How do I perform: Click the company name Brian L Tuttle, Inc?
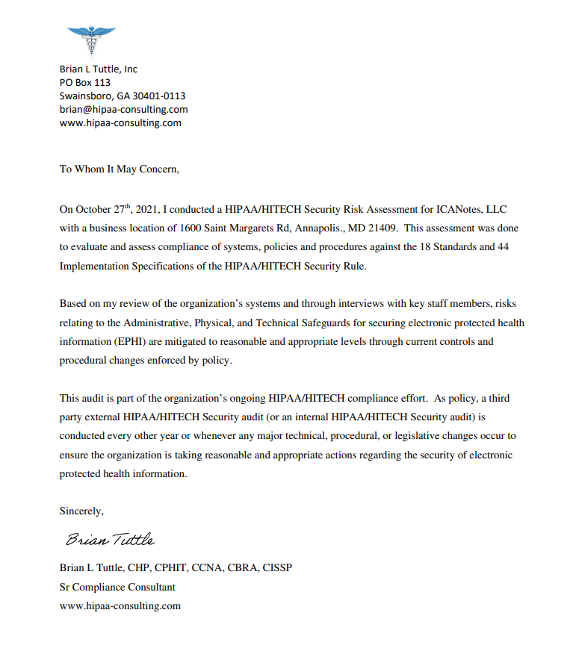[x=99, y=69]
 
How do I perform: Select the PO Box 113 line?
[x=85, y=83]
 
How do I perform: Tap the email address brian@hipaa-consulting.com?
[x=123, y=110]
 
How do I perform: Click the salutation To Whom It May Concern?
[x=120, y=169]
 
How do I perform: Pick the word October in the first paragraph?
[x=93, y=209]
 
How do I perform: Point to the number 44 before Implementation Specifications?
[x=503, y=247]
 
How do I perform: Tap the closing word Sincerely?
[x=81, y=511]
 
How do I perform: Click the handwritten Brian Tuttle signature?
[x=110, y=539]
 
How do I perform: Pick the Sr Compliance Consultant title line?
[x=117, y=587]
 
